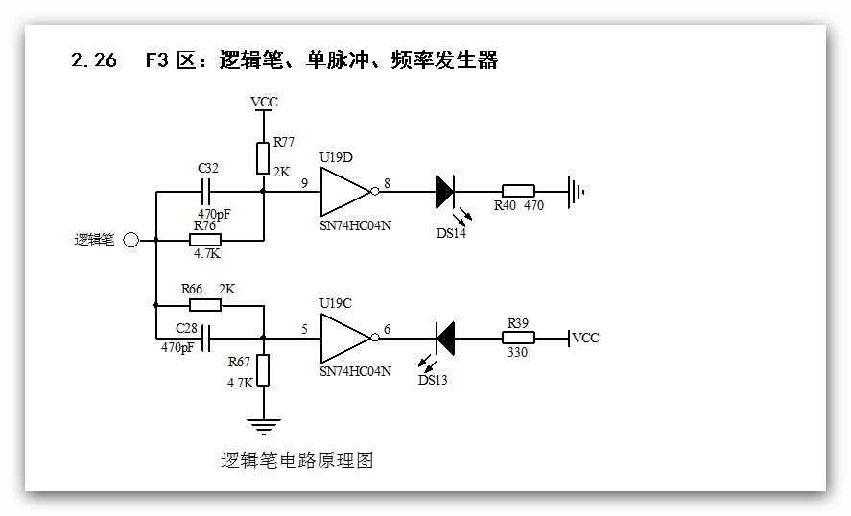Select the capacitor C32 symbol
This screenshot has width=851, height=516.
pyautogui.click(x=208, y=192)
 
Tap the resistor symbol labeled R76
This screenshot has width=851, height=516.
pyautogui.click(x=205, y=240)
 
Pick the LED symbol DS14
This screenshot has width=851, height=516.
pyautogui.click(x=444, y=192)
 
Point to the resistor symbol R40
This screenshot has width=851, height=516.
pyautogui.click(x=518, y=192)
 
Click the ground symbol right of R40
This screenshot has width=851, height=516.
pyautogui.click(x=576, y=192)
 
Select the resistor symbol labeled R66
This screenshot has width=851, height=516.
pyautogui.click(x=205, y=305)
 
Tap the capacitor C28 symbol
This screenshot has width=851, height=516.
pyautogui.click(x=207, y=337)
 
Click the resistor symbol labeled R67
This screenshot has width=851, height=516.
pyautogui.click(x=262, y=369)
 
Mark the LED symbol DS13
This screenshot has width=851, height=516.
pyautogui.click(x=444, y=338)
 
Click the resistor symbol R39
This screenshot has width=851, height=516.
pyautogui.click(x=518, y=338)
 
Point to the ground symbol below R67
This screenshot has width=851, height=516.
pyautogui.click(x=262, y=425)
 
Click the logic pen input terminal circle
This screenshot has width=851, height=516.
pyautogui.click(x=130, y=240)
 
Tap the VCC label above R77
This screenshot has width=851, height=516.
pyautogui.click(x=264, y=102)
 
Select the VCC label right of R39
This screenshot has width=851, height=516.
pyautogui.click(x=585, y=338)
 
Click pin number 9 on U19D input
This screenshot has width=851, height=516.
pyautogui.click(x=304, y=182)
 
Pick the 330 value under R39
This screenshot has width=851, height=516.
pyautogui.click(x=518, y=352)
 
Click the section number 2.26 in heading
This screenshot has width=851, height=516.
pyautogui.click(x=94, y=60)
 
